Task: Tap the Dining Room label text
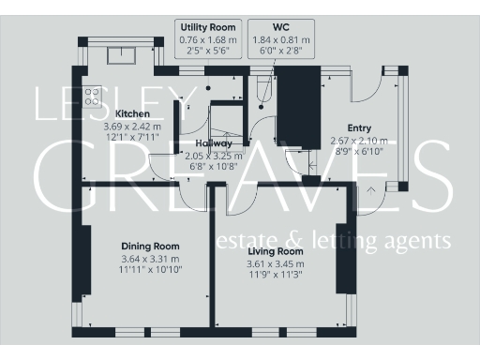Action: [x=151, y=247]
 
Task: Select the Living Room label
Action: [x=276, y=252]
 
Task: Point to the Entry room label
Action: [x=359, y=128]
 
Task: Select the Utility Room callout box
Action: [x=207, y=40]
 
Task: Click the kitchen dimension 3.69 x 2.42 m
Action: [x=132, y=125]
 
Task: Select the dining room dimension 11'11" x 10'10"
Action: [x=151, y=269]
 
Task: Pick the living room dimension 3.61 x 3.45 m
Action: [x=276, y=263]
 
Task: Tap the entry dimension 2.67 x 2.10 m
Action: [x=359, y=141]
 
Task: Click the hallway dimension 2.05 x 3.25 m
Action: [x=214, y=156]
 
